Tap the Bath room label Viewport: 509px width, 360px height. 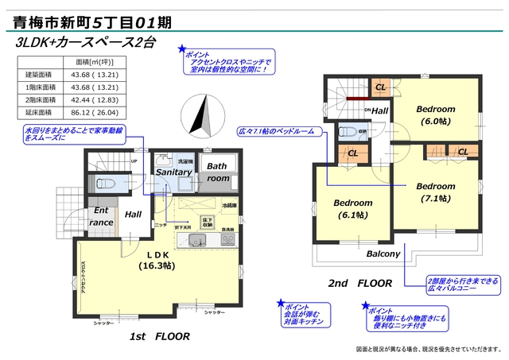coord(217,172)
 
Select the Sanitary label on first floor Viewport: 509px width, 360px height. coord(173,172)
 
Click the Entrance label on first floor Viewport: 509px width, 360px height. coord(101,216)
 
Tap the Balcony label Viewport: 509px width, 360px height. coord(383,254)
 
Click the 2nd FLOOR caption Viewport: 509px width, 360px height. coord(359,283)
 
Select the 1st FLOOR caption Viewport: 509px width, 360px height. coord(159,336)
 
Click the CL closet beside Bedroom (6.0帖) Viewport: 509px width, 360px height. coord(380,87)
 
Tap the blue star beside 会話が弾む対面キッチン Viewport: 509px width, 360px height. coord(279,303)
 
